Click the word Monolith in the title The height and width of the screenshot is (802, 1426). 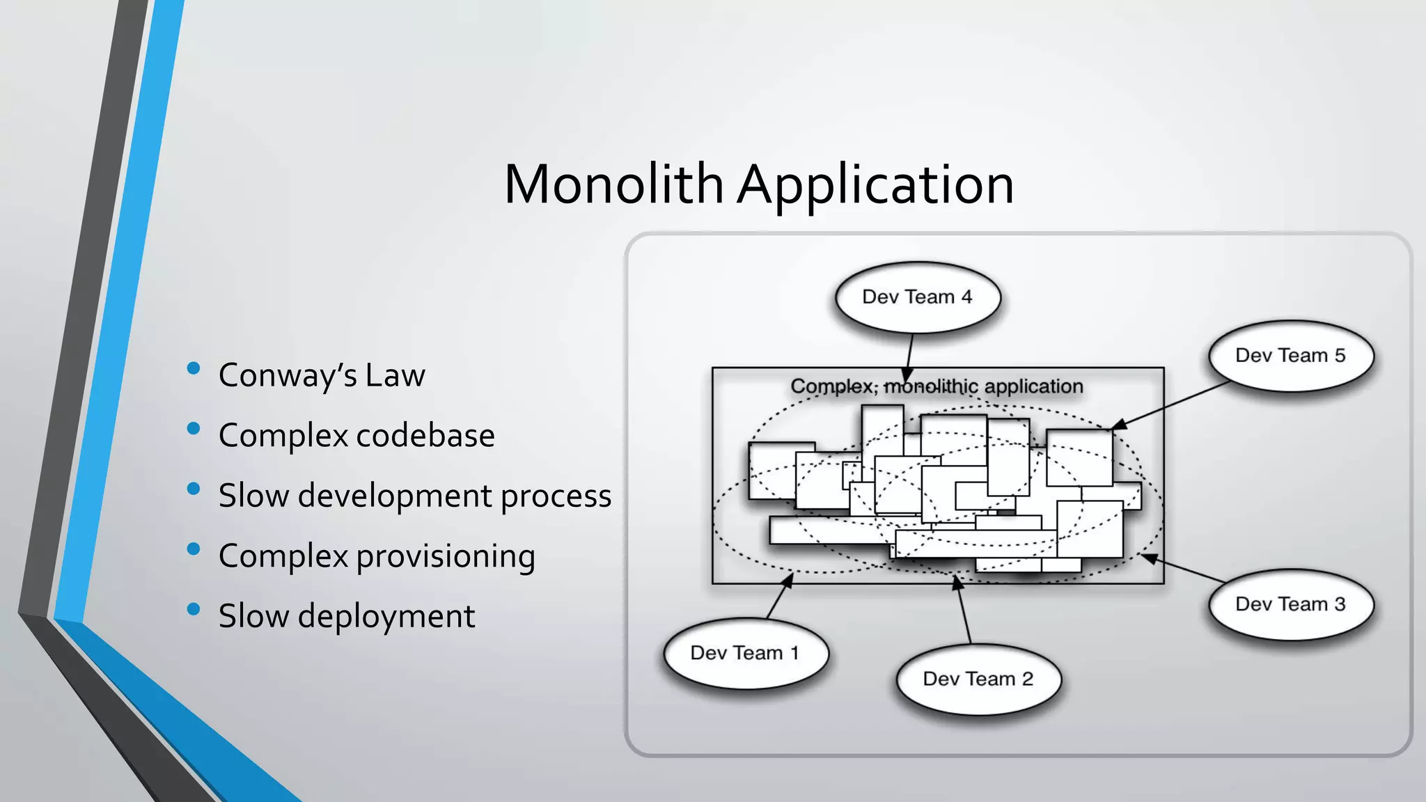pyautogui.click(x=613, y=184)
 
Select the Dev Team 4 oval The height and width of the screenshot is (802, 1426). pyautogui.click(x=917, y=297)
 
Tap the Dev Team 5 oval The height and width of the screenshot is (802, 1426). pyautogui.click(x=1290, y=356)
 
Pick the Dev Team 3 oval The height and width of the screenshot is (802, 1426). pyautogui.click(x=1290, y=604)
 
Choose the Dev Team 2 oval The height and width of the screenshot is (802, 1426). pyautogui.click(x=978, y=679)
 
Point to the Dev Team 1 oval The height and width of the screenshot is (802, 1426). pyautogui.click(x=744, y=653)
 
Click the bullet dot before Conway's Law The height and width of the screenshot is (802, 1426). pyautogui.click(x=194, y=368)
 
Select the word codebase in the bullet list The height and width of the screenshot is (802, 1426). pyautogui.click(x=425, y=436)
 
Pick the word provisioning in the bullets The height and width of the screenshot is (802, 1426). pyautogui.click(x=446, y=557)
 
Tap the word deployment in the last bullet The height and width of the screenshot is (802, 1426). pyautogui.click(x=386, y=617)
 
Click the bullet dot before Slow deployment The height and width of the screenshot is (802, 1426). pyautogui.click(x=194, y=610)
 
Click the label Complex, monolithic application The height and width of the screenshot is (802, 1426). pyautogui.click(x=937, y=386)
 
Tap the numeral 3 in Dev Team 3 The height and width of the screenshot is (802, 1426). pyautogui.click(x=1339, y=604)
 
